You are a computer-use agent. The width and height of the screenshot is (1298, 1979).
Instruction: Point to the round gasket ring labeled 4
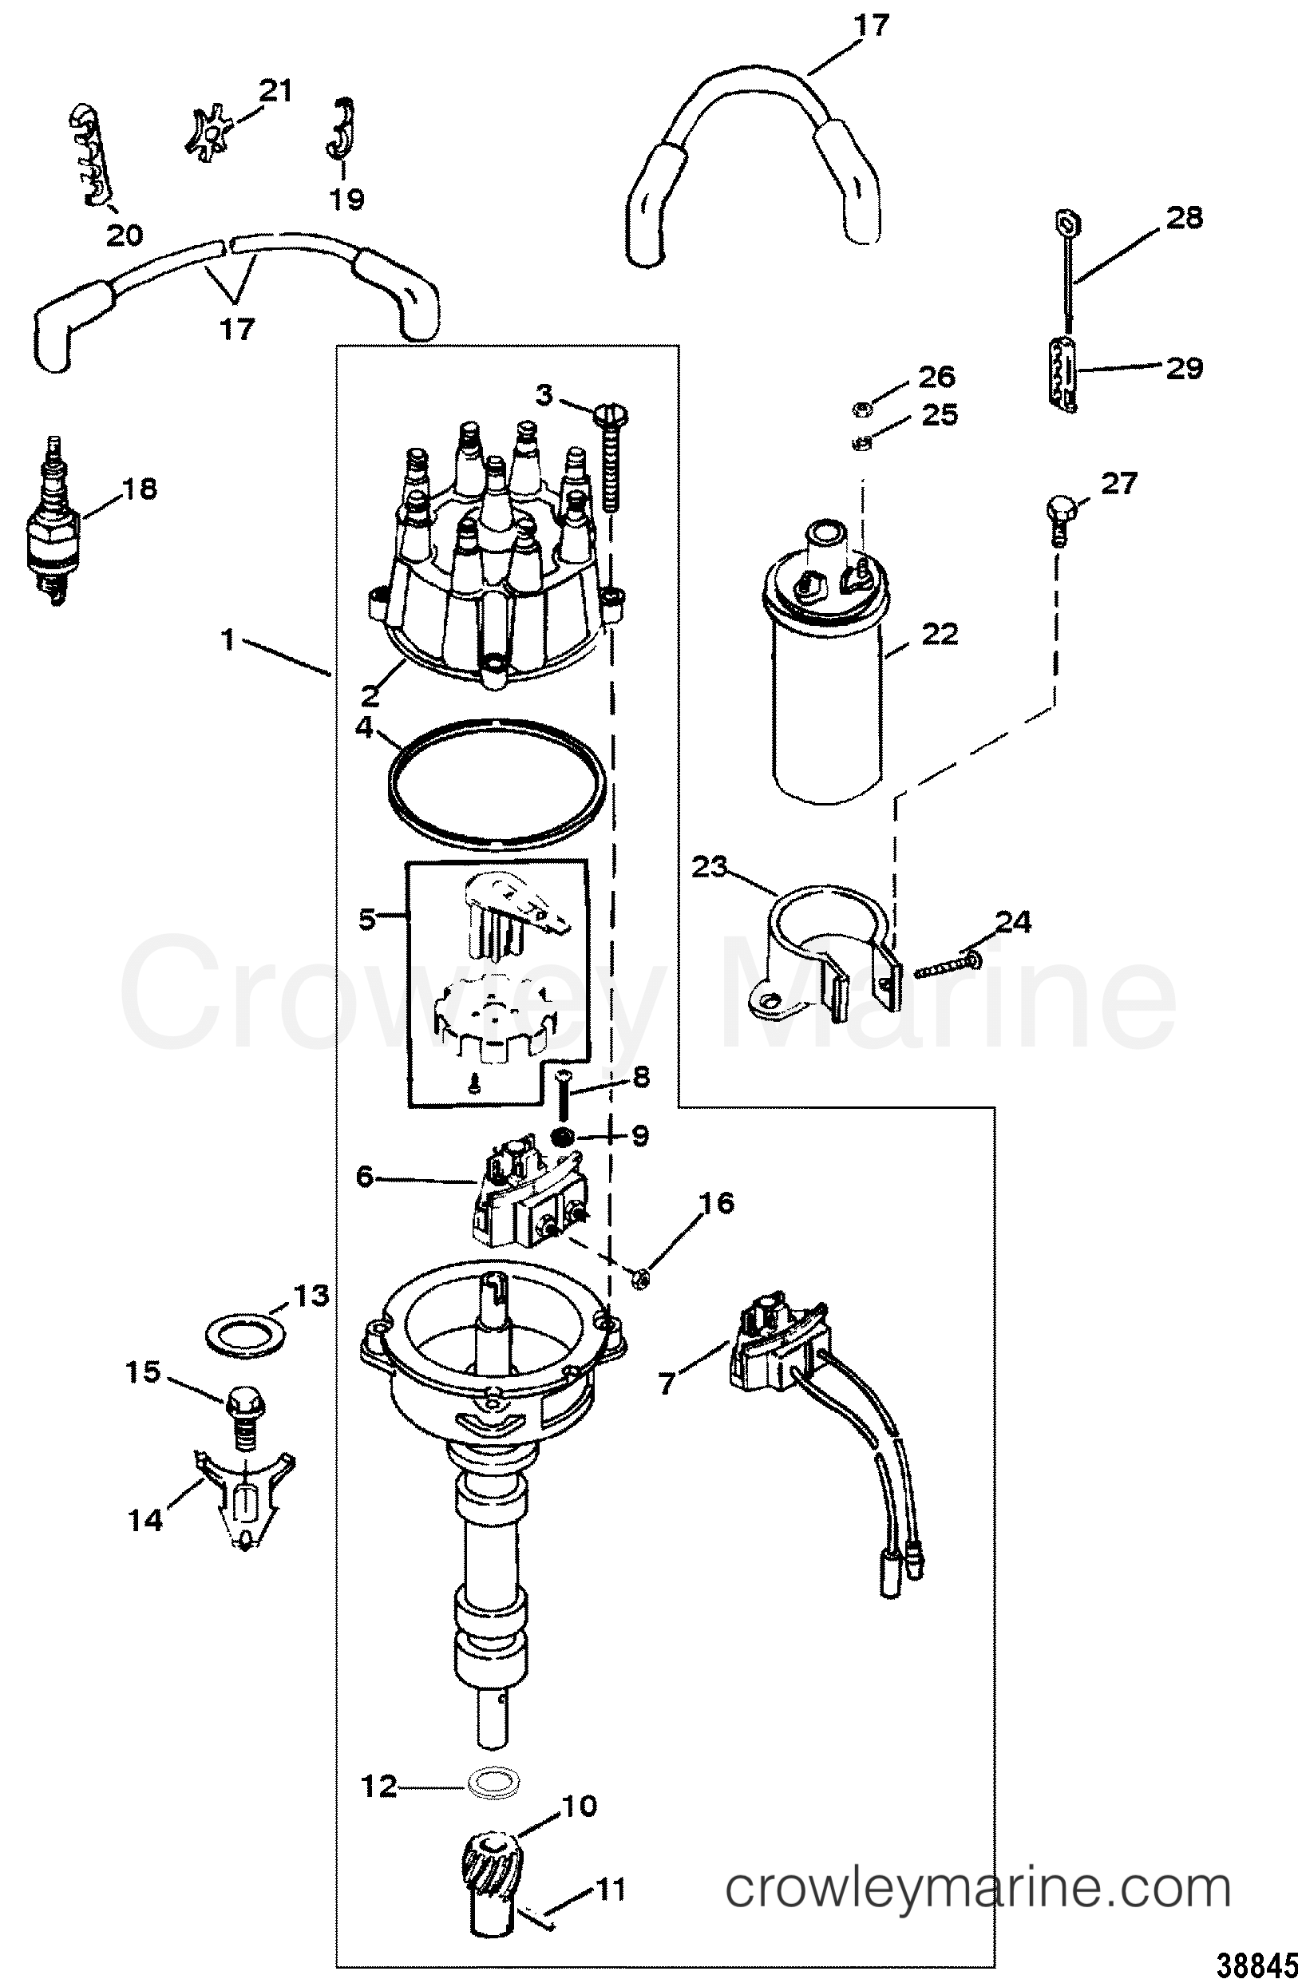click(x=498, y=783)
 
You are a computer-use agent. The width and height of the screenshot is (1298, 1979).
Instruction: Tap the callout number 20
click(x=124, y=235)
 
